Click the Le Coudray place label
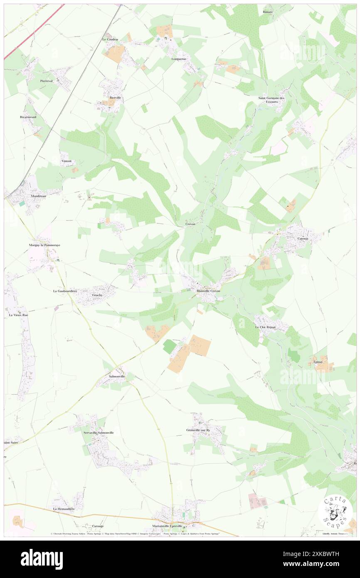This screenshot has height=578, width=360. click(x=111, y=40)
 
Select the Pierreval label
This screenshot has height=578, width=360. click(x=47, y=81)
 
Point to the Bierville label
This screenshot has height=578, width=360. click(x=115, y=98)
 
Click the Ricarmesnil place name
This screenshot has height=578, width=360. click(x=28, y=117)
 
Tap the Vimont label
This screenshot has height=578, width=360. click(x=66, y=161)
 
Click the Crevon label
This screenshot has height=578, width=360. click(x=190, y=224)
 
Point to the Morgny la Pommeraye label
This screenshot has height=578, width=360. click(x=44, y=245)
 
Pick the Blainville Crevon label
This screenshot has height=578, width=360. click(x=208, y=291)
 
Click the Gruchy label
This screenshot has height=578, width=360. click(x=97, y=295)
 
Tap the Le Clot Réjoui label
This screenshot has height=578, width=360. click(x=266, y=327)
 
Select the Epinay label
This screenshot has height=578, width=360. click(x=318, y=362)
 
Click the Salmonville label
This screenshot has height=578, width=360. click(x=117, y=376)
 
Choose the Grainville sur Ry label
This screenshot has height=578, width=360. click(x=200, y=430)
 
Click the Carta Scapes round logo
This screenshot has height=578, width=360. click(x=335, y=512)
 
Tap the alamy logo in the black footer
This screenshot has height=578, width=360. click(x=42, y=559)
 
